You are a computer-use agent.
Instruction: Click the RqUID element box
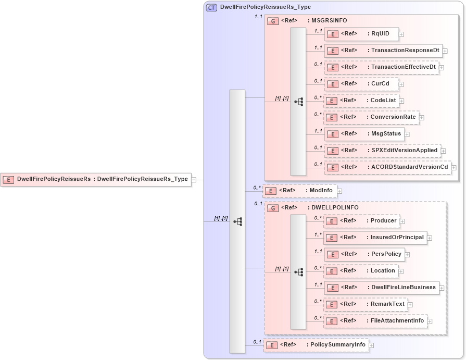(361, 34)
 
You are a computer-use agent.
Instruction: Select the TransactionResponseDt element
(383, 51)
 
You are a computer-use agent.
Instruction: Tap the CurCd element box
(361, 84)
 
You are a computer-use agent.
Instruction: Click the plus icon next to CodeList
(401, 101)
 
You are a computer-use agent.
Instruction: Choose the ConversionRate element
(371, 117)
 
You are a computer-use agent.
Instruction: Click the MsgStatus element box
(364, 134)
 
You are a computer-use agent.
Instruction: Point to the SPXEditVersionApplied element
(382, 151)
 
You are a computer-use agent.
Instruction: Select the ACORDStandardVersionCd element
(387, 167)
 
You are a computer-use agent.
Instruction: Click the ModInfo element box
(299, 191)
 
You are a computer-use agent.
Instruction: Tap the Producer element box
(361, 221)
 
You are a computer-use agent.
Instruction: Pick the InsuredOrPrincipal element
(375, 238)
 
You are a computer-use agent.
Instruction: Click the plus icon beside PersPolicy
(408, 255)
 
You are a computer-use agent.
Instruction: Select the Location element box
(361, 271)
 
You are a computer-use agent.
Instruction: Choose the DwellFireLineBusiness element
(381, 288)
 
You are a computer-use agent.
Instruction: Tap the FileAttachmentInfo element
(375, 321)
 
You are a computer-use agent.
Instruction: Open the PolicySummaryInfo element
(316, 345)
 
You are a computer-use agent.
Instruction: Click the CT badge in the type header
(211, 8)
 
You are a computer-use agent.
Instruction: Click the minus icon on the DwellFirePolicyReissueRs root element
(194, 180)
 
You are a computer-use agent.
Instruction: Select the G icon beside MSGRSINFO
(273, 21)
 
